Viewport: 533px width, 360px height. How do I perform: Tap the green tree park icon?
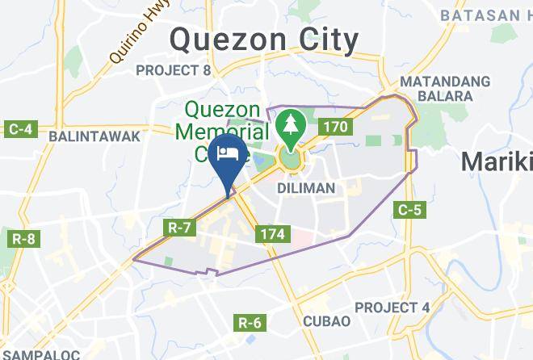(x=288, y=125)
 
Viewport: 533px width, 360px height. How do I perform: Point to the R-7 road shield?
(x=179, y=228)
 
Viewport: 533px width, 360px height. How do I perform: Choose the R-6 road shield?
(x=250, y=323)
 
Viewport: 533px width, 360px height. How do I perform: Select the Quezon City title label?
(x=263, y=39)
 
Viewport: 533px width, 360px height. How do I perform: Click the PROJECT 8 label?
(x=173, y=71)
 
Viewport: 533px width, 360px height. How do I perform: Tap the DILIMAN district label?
(x=305, y=187)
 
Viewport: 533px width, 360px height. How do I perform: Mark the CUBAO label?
(x=326, y=320)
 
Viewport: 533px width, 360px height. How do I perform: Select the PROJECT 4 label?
(x=392, y=308)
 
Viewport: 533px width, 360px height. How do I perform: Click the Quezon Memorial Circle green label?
(x=218, y=129)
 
